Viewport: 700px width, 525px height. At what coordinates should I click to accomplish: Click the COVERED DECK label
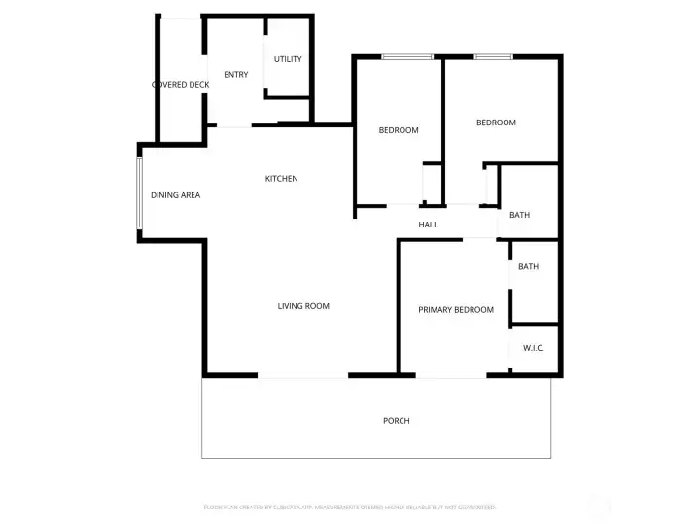click(x=181, y=85)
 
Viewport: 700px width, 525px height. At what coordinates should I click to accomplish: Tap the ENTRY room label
click(x=235, y=75)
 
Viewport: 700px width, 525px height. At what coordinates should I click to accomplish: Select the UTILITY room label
click(x=288, y=59)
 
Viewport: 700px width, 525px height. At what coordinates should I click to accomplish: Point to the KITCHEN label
click(x=282, y=179)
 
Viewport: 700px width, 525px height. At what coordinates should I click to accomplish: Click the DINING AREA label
click(x=175, y=195)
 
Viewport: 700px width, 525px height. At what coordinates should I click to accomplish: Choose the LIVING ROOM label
click(x=303, y=306)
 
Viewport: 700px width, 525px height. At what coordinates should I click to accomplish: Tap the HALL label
click(x=428, y=225)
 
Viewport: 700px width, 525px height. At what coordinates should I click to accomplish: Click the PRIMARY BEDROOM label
click(x=455, y=310)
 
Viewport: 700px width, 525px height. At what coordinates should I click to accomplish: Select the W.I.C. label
click(x=533, y=348)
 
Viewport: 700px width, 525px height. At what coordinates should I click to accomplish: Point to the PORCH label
click(x=396, y=421)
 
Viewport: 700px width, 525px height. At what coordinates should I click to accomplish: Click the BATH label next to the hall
click(x=519, y=215)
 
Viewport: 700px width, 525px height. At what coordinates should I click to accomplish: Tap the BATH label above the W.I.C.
click(x=528, y=267)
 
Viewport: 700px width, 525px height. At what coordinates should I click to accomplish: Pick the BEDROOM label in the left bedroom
click(x=399, y=130)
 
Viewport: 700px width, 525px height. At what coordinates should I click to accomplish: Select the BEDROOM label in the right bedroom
click(x=496, y=122)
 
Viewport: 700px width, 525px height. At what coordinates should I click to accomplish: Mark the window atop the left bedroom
click(x=406, y=57)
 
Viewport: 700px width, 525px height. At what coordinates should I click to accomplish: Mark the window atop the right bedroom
click(x=493, y=57)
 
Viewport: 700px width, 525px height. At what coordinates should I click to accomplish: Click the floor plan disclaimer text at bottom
click(x=350, y=507)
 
